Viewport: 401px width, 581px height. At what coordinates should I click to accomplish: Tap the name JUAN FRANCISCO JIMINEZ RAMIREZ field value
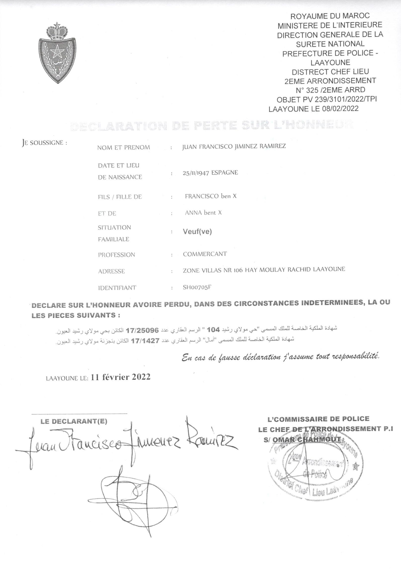click(234, 147)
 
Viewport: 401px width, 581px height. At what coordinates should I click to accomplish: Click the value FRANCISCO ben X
click(210, 196)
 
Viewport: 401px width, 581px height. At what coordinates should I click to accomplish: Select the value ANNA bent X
click(203, 213)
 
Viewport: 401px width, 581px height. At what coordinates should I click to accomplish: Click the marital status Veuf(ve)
click(197, 232)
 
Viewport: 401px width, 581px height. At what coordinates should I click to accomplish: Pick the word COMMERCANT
click(205, 254)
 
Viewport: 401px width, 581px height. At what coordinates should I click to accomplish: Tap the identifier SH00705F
click(197, 288)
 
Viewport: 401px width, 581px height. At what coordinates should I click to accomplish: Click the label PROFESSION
click(116, 255)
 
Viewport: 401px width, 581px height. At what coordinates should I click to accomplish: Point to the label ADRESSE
click(111, 271)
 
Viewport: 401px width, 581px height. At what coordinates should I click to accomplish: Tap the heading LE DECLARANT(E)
click(74, 421)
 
